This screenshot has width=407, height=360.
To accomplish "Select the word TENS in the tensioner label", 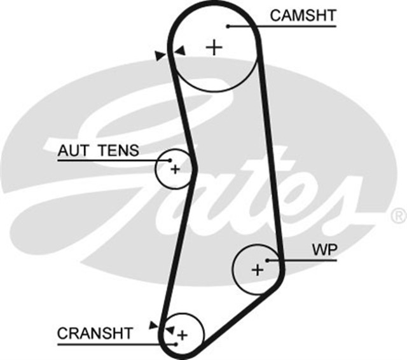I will (119, 151).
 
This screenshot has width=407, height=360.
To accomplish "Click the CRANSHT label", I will (95, 333).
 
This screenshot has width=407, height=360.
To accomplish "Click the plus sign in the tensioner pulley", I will (175, 169).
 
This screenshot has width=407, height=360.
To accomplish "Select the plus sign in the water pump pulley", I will (257, 270).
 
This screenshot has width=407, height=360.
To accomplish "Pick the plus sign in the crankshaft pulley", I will (183, 335).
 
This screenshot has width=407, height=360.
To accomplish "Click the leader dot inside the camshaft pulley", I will (228, 26).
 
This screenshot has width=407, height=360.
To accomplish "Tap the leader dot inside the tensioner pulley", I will (169, 160).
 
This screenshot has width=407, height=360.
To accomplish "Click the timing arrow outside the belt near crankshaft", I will (153, 324).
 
